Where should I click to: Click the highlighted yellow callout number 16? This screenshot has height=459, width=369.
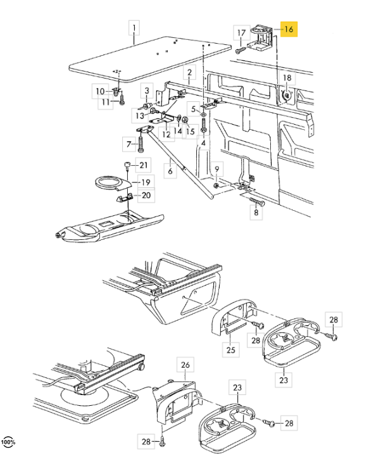coord(289,29)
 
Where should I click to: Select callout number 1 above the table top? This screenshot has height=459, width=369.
coord(134,28)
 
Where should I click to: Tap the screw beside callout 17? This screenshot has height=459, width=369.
coord(241,51)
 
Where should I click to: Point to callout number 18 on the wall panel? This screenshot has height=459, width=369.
coord(287,78)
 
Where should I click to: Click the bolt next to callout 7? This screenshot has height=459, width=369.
coord(141,144)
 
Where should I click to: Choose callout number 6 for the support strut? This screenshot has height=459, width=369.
coord(170,171)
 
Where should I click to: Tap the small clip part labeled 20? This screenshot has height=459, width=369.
coord(125,198)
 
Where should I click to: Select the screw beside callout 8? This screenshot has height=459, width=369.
coord(256,202)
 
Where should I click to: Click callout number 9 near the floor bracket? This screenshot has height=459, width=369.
coord(217,169)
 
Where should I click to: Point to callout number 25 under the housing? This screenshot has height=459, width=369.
coord(231,349)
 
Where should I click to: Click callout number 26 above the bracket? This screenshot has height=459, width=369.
coord(185,365)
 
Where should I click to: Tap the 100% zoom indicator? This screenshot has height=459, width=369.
coord(8,441)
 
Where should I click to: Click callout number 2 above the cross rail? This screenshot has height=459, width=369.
coord(190,72)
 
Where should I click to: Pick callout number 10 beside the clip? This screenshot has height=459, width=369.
coord(100,91)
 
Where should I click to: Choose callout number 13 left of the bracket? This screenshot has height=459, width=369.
coord(140,115)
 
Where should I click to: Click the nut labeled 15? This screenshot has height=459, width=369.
coord(185,120)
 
